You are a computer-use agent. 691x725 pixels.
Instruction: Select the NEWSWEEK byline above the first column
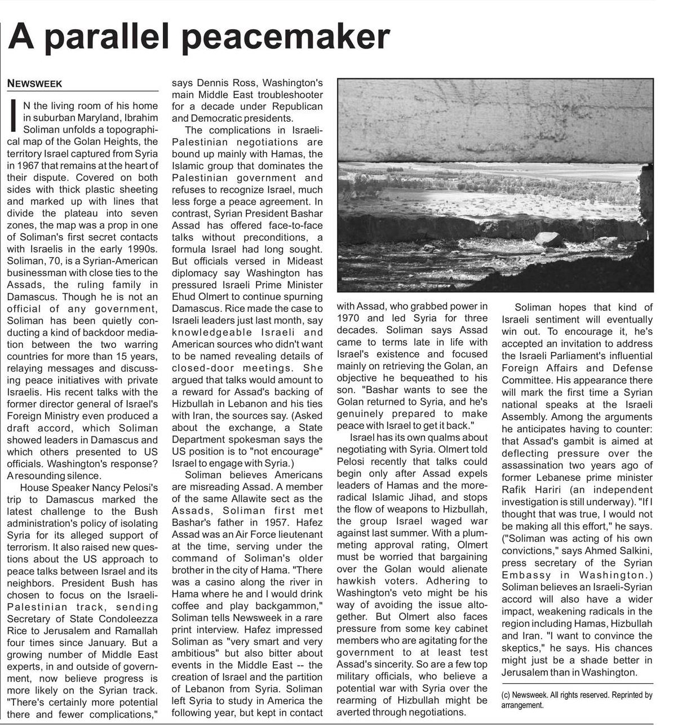click(x=34, y=84)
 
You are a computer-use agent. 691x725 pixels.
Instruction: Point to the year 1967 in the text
click(x=21, y=166)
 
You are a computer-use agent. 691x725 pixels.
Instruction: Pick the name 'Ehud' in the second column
click(x=184, y=297)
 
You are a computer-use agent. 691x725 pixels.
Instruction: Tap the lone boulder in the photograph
click(x=548, y=240)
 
